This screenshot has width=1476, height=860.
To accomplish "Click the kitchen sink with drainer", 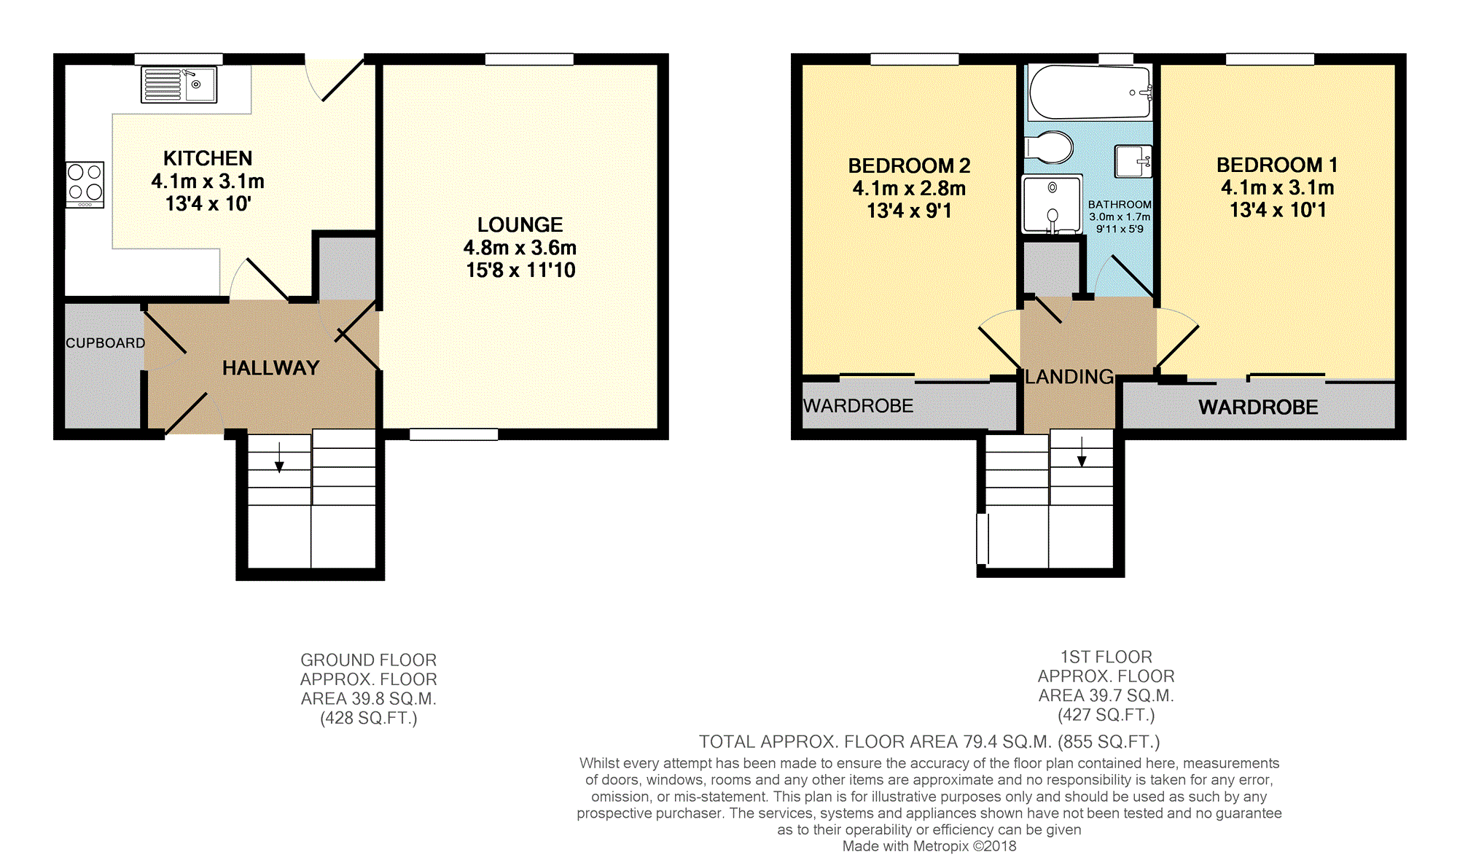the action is click(x=179, y=85).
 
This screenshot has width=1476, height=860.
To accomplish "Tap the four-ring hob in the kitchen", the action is click(x=85, y=184).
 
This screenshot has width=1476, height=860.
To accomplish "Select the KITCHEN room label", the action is click(x=208, y=158).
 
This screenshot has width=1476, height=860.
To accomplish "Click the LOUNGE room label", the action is click(x=520, y=224).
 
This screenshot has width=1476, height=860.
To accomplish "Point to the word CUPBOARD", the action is click(x=106, y=343).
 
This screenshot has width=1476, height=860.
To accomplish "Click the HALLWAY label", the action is click(x=271, y=368).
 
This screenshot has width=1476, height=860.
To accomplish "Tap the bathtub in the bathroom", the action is click(x=1089, y=93).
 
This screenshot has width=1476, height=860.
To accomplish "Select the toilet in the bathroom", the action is click(x=1049, y=147).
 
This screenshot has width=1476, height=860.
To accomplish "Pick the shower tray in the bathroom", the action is click(x=1052, y=203).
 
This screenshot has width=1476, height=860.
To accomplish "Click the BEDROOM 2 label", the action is click(x=909, y=166).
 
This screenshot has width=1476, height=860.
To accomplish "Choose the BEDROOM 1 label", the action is click(x=1277, y=165).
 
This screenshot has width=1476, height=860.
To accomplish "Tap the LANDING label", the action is click(x=1069, y=377).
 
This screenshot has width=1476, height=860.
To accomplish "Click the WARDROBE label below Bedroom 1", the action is click(x=1258, y=407).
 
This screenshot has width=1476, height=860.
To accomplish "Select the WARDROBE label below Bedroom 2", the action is click(x=858, y=406).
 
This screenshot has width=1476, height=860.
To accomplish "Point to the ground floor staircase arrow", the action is click(x=279, y=457).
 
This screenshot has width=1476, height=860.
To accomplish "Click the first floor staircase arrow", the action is click(x=1082, y=451).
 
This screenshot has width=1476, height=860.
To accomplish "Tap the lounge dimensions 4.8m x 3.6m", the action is click(x=520, y=248).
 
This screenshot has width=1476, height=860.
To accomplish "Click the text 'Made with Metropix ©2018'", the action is click(x=929, y=846).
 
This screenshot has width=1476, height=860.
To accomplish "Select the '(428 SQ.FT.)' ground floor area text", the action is click(x=369, y=719).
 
